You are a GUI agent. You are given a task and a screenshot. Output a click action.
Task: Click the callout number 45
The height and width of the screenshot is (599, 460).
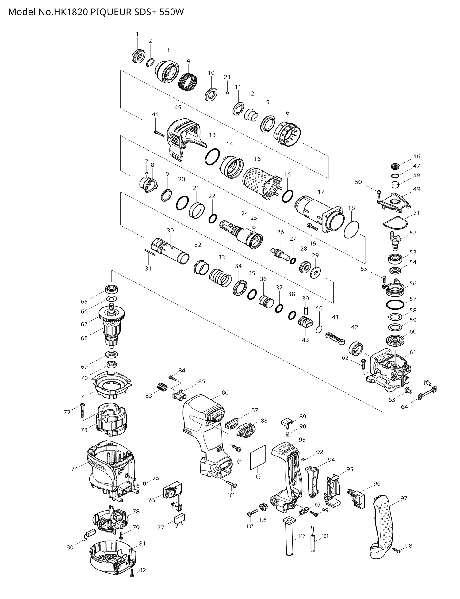pyautogui.click(x=178, y=107)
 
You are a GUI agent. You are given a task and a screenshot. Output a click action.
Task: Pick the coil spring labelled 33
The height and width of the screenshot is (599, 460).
pyautogui.click(x=221, y=277)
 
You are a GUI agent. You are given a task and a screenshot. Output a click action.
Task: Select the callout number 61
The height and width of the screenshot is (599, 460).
pyautogui.click(x=413, y=352)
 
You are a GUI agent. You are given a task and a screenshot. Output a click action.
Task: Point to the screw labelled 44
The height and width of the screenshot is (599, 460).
pyautogui.click(x=159, y=133)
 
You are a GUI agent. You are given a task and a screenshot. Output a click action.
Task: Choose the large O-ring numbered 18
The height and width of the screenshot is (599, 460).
pyautogui.click(x=351, y=229)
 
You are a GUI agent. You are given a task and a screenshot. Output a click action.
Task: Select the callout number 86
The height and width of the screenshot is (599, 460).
pyautogui.click(x=225, y=392)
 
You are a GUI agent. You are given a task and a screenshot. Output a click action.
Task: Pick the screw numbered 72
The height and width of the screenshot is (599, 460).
pyautogui.click(x=83, y=410)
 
